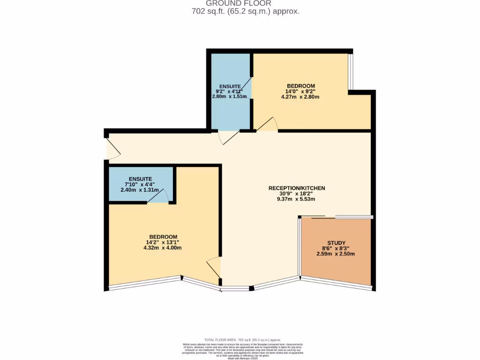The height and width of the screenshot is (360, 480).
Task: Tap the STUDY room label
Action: coord(336,243)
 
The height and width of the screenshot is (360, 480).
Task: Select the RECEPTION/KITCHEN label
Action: coord(296,188)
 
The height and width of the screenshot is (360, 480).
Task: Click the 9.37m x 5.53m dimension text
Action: coord(296,199)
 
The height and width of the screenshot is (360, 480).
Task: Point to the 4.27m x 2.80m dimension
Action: coord(300,97)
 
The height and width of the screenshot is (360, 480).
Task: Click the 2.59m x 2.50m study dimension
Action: coord(336,254)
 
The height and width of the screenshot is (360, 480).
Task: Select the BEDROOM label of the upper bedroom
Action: coord(300,86)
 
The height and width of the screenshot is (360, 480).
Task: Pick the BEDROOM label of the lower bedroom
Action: coord(163,236)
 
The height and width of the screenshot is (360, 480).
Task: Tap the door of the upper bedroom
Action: coord(268,124)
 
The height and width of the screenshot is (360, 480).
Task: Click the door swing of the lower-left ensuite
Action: coord(158,197)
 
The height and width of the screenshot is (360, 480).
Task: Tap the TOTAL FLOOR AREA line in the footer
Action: coord(242,339)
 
